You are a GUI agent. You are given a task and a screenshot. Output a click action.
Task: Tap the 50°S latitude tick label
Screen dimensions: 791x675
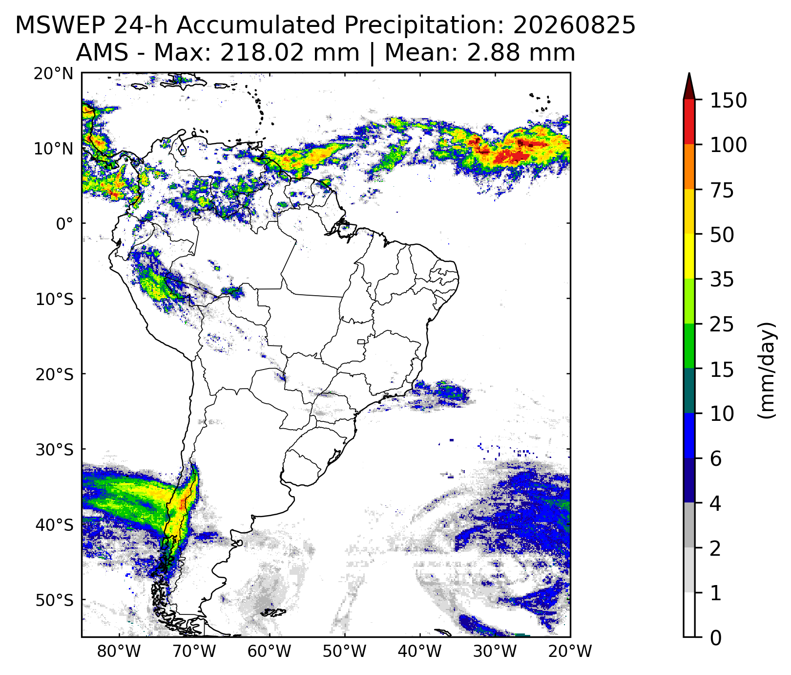click(x=54, y=600)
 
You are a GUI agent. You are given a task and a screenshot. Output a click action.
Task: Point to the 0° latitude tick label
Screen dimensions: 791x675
click(x=64, y=224)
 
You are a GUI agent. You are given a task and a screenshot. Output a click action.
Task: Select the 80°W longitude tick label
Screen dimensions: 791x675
click(x=119, y=652)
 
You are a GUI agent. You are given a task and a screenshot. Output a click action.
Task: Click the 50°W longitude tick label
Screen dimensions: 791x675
click(x=345, y=652)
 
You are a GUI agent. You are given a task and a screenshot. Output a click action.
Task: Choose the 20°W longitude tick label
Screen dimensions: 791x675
click(x=570, y=652)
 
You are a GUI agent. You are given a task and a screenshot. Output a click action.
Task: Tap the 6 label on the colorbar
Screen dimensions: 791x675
click(x=716, y=459)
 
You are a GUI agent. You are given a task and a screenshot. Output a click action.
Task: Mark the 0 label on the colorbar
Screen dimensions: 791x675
click(x=716, y=638)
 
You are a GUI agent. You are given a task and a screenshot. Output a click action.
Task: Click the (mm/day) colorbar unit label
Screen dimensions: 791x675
click(x=767, y=370)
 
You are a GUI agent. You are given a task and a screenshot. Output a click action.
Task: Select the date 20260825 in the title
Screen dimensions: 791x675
click(x=574, y=25)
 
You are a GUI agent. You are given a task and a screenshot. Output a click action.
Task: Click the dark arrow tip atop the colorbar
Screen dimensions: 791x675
click(x=689, y=78)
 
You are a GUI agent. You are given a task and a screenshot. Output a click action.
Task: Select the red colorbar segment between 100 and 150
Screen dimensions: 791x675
click(x=689, y=122)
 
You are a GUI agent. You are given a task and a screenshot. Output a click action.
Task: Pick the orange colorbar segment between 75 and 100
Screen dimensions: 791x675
click(x=689, y=167)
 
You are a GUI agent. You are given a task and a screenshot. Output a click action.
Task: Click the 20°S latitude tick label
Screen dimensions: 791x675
click(x=54, y=374)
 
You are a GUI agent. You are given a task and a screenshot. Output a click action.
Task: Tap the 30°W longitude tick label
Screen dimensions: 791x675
click(x=495, y=652)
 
